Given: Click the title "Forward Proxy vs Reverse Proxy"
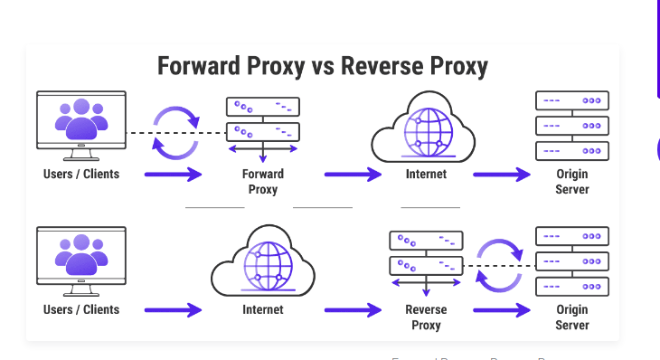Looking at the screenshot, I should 323,66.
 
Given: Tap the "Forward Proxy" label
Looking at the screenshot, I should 263,182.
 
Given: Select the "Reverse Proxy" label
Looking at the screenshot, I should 426,317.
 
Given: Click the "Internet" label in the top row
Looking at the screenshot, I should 426,174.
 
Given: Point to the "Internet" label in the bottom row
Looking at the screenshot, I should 263,309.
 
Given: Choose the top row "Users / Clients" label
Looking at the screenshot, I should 81,174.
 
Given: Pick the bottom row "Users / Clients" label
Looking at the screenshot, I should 81,309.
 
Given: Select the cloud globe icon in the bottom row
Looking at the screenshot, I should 263,264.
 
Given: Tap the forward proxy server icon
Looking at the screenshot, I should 263,123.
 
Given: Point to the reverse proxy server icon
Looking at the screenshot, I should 426,259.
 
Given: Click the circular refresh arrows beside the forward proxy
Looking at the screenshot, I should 176,132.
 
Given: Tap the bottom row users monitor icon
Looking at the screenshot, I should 81,259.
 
